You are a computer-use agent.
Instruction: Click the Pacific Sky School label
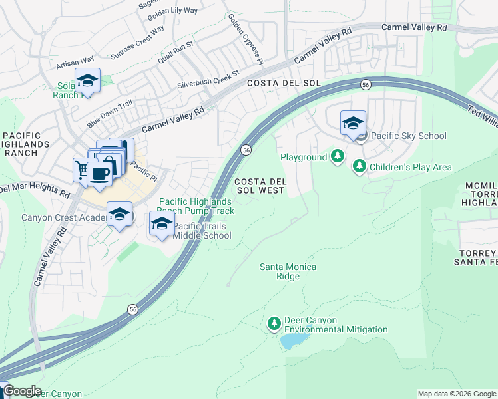click(x=408, y=136)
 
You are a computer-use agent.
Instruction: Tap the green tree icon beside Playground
click(x=338, y=157)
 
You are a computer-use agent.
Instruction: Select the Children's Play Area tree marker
click(x=360, y=166)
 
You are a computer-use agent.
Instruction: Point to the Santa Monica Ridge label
click(x=288, y=271)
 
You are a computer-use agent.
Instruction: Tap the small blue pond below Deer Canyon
click(x=292, y=341)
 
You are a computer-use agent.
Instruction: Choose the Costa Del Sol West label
click(x=260, y=186)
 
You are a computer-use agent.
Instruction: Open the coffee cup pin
click(x=99, y=174)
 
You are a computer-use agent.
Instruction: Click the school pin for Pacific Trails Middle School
click(x=161, y=223)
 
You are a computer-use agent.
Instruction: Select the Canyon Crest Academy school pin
click(x=120, y=214)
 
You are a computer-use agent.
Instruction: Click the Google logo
click(x=22, y=392)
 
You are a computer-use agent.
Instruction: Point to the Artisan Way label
click(x=75, y=62)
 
